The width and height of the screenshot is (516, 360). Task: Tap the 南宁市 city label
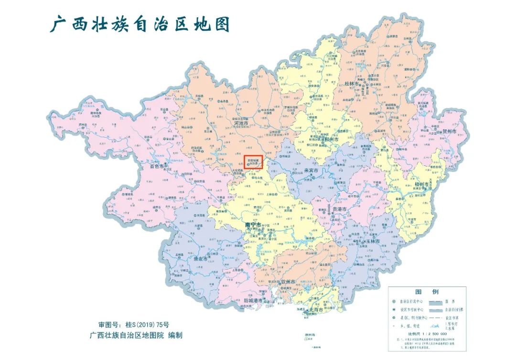pos(253,224)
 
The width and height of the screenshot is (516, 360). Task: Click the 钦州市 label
pos(290,282)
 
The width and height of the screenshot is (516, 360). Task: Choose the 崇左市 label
pos(201,259)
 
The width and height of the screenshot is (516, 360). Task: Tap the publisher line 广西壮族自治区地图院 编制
pos(136,336)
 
